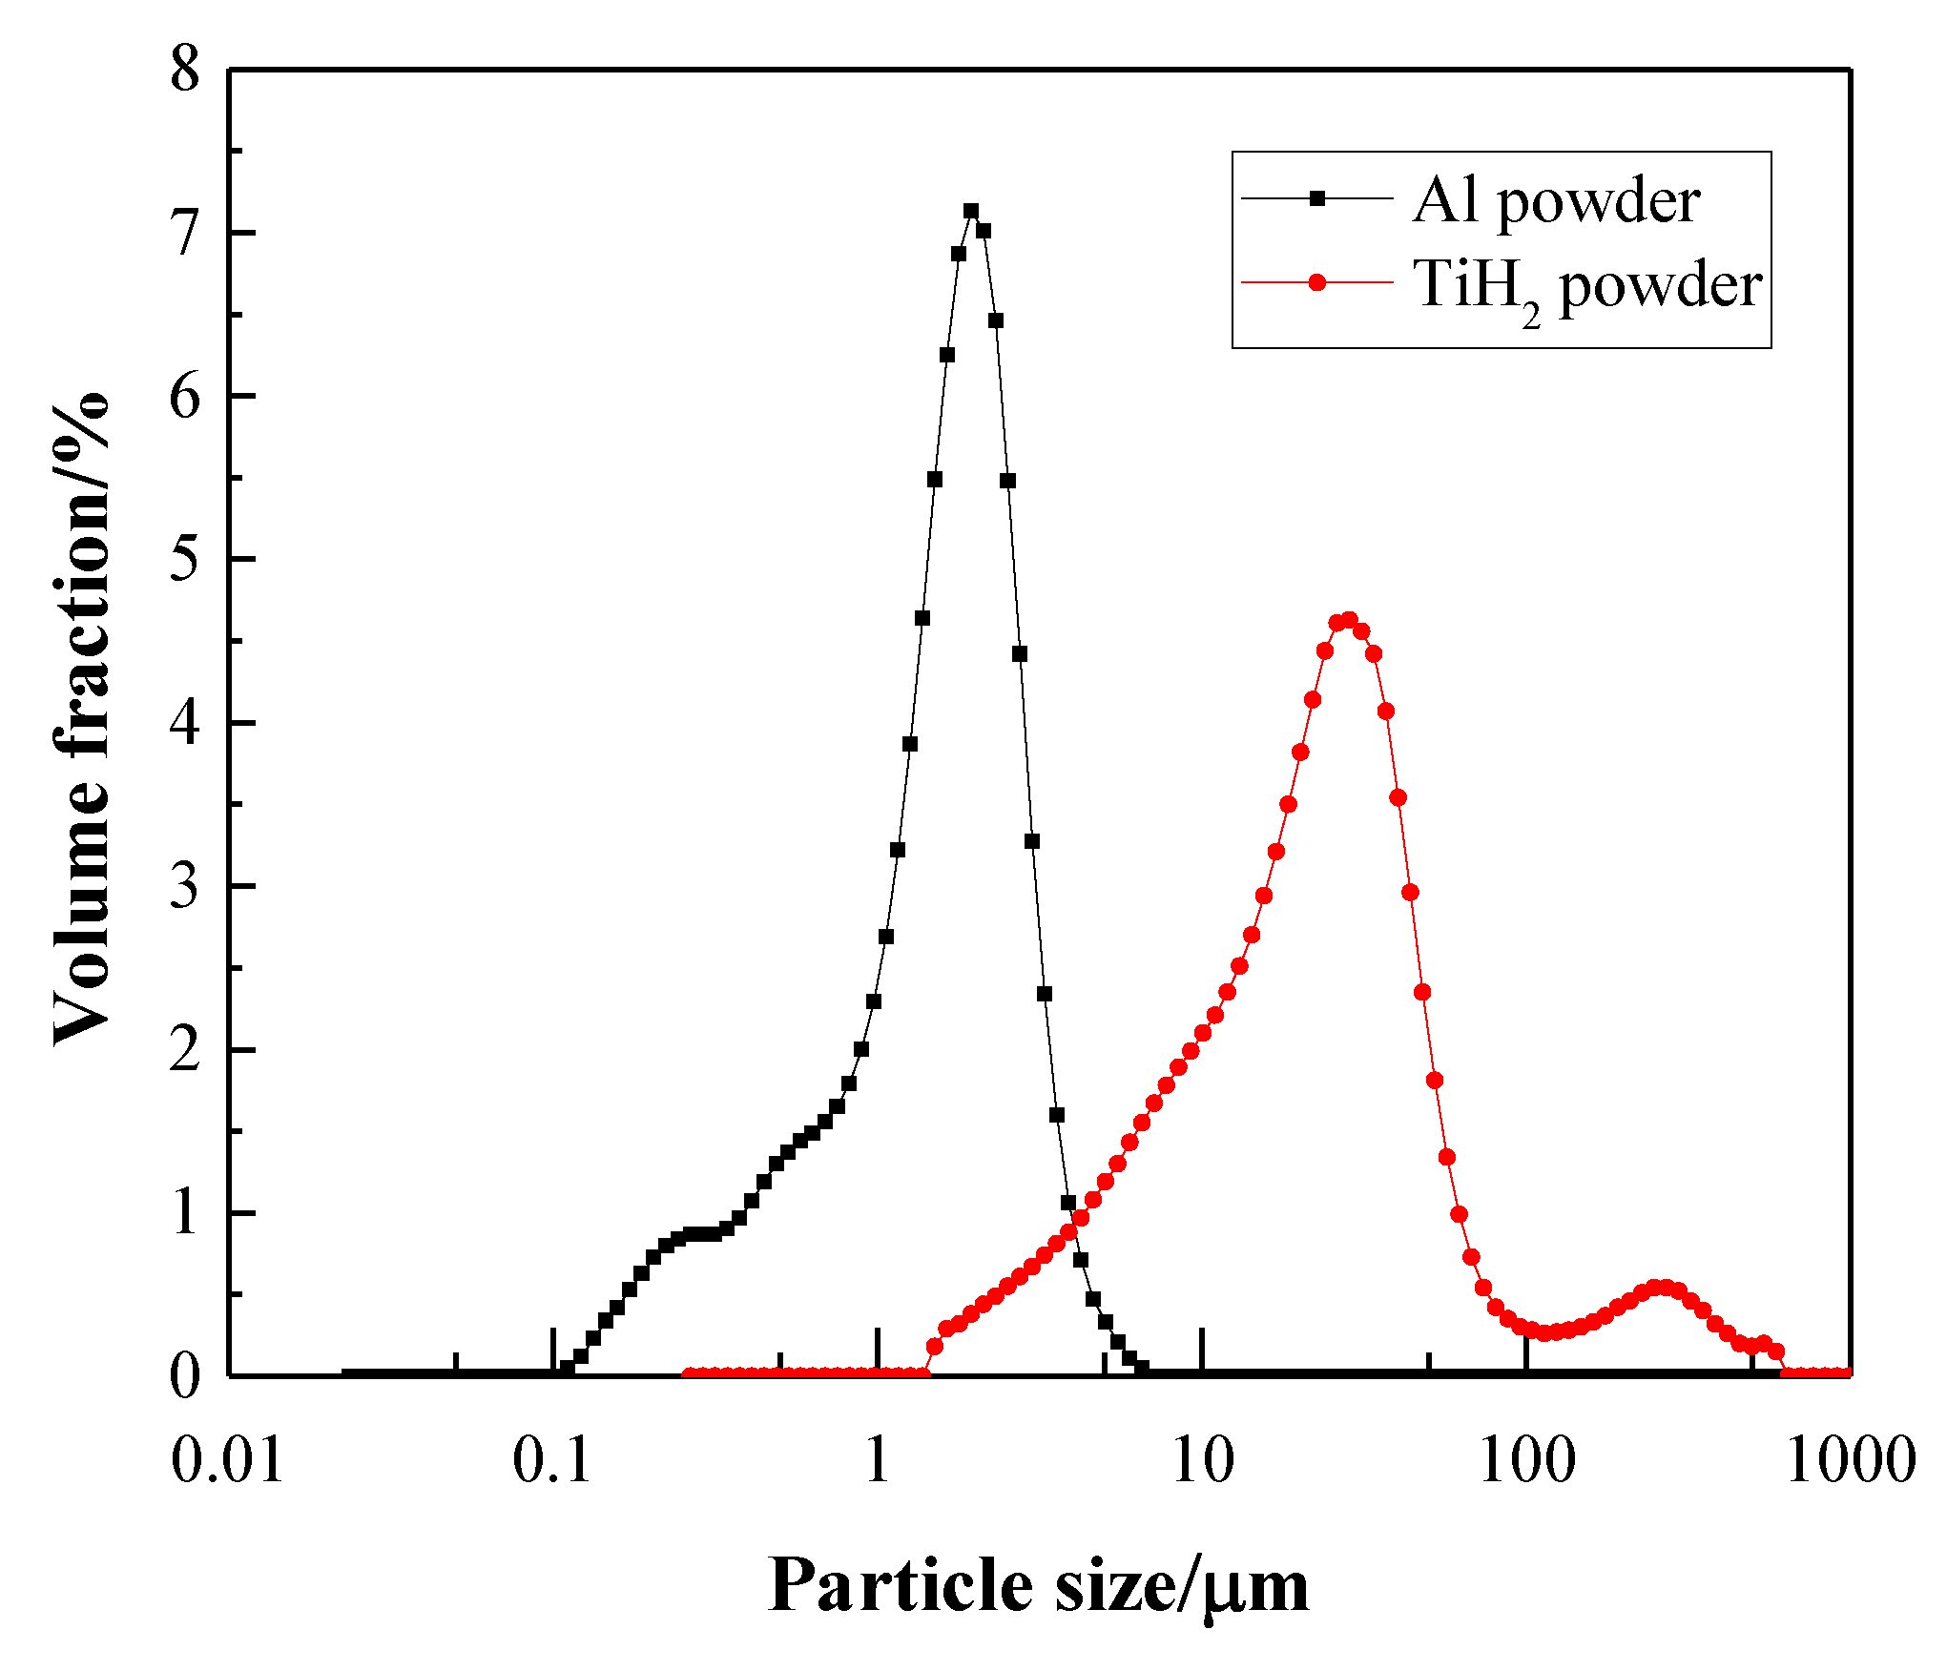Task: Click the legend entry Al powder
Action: tap(1555, 201)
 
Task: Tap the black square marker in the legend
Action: tap(1317, 198)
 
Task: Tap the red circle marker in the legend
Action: tap(1317, 282)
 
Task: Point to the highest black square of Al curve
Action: tap(971, 211)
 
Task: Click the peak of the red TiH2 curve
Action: tap(1349, 620)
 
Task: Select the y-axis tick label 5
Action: tap(185, 560)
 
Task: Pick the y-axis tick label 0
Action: tap(185, 1376)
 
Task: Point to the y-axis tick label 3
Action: tap(185, 887)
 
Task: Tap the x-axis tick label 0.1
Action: tap(552, 1460)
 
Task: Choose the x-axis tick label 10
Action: tap(1202, 1460)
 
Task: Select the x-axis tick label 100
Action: tap(1526, 1460)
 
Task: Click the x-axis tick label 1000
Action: tap(1851, 1460)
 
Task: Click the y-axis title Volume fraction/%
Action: tap(80, 720)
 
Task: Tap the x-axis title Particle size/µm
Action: tap(1037, 1585)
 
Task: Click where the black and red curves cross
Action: tap(1074, 1224)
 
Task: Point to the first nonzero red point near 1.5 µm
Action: tap(935, 1347)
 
